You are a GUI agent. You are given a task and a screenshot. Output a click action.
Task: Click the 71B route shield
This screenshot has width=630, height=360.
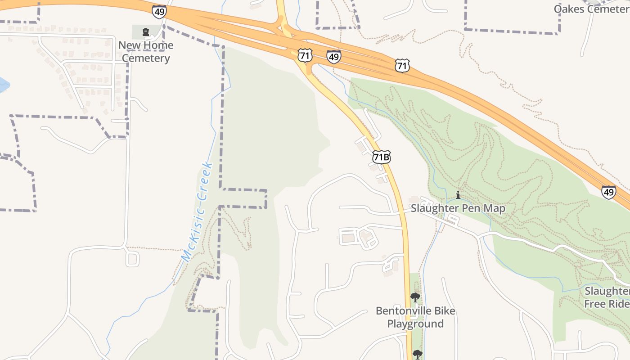click(x=381, y=157)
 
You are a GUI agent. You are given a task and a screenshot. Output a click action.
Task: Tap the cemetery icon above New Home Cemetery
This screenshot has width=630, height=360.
click(x=146, y=32)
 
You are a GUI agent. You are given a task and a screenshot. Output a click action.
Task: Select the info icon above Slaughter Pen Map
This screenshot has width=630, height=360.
click(x=458, y=195)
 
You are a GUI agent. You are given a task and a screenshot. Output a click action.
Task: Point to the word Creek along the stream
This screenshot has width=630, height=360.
click(x=205, y=181)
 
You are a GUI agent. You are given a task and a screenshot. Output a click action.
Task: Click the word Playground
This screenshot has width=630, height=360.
click(x=415, y=324)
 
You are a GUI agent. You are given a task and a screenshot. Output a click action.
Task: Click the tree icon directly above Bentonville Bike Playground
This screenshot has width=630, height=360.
click(x=415, y=297)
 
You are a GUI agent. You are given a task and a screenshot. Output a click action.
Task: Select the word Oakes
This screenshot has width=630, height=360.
click(x=568, y=9)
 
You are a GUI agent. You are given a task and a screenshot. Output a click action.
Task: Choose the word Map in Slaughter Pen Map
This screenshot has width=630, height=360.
click(x=494, y=208)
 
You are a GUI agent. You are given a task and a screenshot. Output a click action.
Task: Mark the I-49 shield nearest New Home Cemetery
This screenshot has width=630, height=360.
click(x=159, y=12)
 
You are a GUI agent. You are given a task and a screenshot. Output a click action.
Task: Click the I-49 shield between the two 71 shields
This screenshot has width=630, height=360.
click(x=333, y=57)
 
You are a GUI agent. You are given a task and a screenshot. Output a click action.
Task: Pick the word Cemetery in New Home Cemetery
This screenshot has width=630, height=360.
click(x=146, y=58)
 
